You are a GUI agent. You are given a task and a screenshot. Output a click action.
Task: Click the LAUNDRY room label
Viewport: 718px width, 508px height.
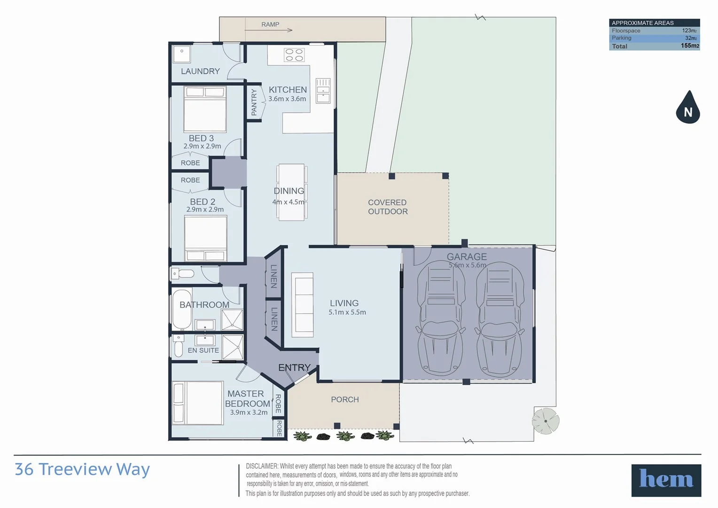coord(200,71)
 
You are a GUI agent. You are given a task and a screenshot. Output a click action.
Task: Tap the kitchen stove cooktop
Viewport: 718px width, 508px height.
coord(294,55)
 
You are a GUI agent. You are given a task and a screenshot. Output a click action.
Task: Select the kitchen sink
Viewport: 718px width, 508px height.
coord(323,91)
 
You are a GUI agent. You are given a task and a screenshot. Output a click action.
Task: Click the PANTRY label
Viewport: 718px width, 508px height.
coord(254,102)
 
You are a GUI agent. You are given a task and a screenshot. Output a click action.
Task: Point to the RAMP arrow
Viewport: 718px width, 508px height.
coord(269,30)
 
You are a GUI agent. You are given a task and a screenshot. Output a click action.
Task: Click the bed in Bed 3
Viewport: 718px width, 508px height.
coord(205,109)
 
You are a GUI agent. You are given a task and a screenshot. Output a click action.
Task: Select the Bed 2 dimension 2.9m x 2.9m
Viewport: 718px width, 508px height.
coord(205,209)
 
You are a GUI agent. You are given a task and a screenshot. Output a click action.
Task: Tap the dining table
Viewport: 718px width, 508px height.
coord(291,192)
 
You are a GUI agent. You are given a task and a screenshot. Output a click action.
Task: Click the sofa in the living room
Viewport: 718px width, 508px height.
coord(302,305)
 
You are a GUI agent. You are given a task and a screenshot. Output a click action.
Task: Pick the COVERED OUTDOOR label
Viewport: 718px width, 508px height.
coord(388,207)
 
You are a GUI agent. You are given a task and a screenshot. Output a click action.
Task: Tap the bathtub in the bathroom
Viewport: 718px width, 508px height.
coord(181,310)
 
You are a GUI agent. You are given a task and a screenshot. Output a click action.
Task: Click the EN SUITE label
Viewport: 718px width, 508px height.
coord(203,350)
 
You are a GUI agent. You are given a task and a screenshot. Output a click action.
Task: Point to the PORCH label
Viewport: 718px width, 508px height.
coord(344,399)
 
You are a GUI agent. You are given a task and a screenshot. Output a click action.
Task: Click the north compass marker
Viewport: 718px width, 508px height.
coord(688,108)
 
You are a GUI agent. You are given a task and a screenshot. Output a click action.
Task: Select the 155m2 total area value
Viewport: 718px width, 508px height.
coord(689,46)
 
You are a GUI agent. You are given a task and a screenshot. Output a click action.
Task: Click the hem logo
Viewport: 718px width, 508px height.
coord(666,480)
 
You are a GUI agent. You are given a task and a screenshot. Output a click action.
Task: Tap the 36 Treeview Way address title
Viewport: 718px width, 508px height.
coord(82,469)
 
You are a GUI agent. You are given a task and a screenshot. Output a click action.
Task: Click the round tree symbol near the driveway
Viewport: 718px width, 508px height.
coord(546,421)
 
